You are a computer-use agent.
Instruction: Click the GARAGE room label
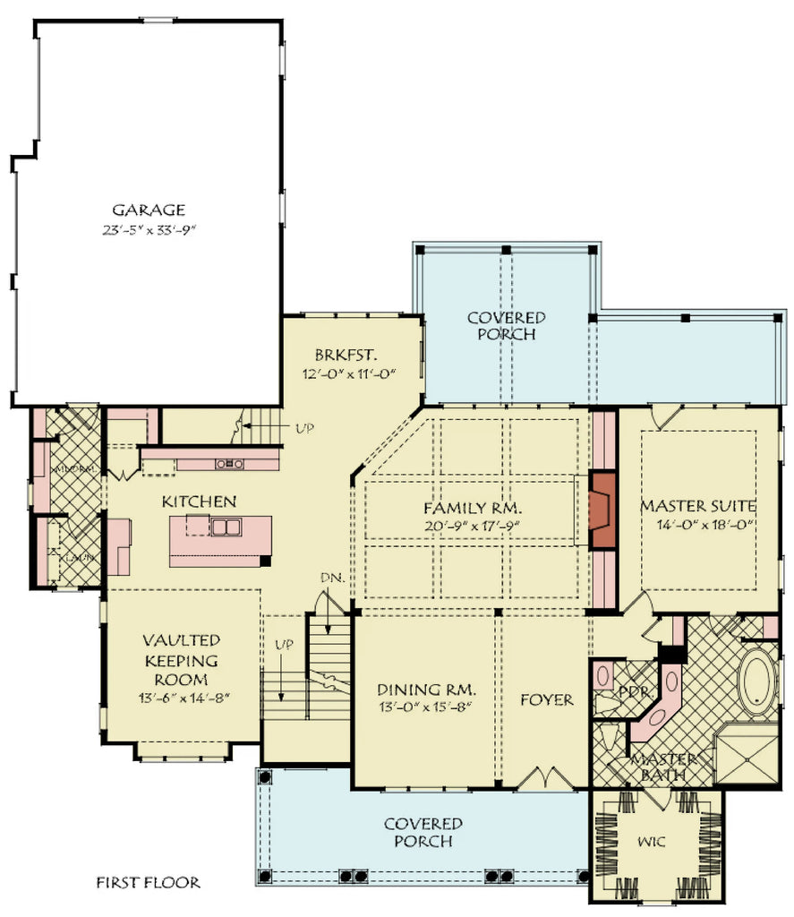click(x=149, y=210)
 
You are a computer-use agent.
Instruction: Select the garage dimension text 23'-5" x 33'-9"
click(x=149, y=230)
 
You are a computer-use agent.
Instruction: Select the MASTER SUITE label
click(x=697, y=506)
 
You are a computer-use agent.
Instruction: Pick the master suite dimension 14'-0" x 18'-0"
click(x=697, y=526)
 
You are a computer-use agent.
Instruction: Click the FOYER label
click(x=546, y=699)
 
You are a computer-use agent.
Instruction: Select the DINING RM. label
click(x=425, y=690)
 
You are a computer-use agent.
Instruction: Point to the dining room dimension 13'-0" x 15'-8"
click(x=425, y=707)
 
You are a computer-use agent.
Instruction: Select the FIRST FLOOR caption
click(x=148, y=883)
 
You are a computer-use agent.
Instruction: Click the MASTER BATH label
click(x=660, y=767)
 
